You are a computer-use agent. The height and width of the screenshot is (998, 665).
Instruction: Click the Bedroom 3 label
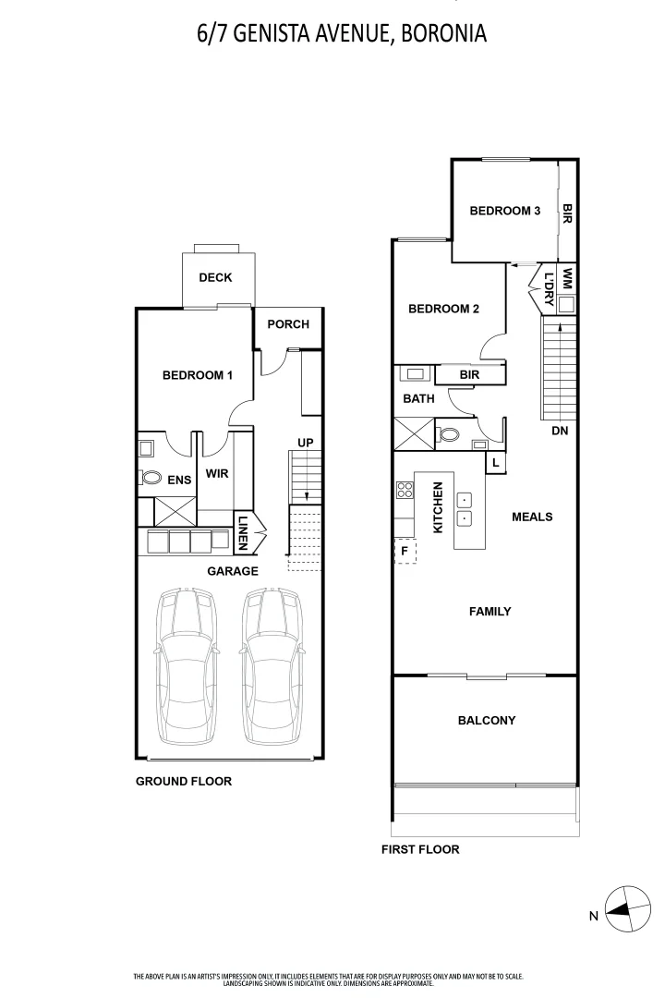pos(504,211)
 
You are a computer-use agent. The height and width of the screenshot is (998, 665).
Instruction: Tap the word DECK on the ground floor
pos(215,277)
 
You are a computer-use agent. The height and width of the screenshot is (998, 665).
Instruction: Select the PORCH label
pos(288,324)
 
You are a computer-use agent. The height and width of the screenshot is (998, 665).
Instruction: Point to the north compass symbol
pos(627,909)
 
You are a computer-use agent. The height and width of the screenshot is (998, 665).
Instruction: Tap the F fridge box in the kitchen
pos(405,551)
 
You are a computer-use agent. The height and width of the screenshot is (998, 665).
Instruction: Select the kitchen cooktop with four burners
pos(405,490)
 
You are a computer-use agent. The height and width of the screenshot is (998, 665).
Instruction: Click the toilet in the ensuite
pos(151,477)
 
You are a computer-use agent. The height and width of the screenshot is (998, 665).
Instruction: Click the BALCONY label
pos(487,721)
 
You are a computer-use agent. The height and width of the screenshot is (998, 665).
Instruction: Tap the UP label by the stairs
pos(306,443)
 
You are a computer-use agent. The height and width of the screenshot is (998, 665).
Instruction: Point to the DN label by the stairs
pos(560,431)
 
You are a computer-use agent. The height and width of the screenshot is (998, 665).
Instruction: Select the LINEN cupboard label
pos(243,533)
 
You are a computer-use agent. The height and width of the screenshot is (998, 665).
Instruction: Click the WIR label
pos(217,473)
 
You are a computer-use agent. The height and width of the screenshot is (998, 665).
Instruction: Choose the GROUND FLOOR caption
pos(183,782)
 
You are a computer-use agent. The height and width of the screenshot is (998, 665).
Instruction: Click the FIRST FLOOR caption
pos(420,850)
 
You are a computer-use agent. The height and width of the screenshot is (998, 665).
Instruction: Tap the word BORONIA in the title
pos(445,33)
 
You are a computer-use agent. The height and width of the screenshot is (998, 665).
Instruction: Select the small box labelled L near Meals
pos(496,463)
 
